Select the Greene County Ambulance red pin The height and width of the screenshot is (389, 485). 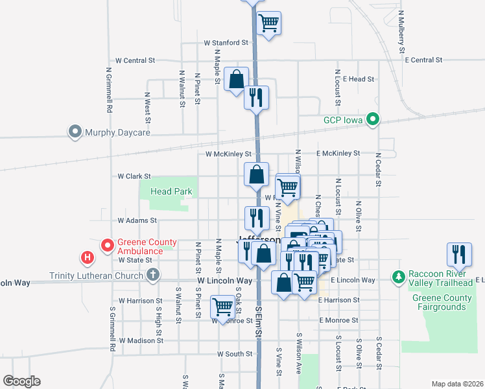coord(108,246)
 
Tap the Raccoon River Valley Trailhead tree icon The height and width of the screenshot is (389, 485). coord(399,277)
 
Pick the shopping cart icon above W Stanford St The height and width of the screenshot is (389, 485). coord(268,23)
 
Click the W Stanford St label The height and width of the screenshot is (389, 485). coord(226,43)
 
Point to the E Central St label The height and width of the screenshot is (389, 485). coord(423,60)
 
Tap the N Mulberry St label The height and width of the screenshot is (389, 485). coord(402,31)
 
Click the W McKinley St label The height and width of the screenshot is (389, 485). coord(228,154)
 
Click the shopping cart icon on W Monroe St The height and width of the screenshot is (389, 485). coord(222,305)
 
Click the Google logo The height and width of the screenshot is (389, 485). coord(22,381)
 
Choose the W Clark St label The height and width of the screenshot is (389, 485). coord(134,176)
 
